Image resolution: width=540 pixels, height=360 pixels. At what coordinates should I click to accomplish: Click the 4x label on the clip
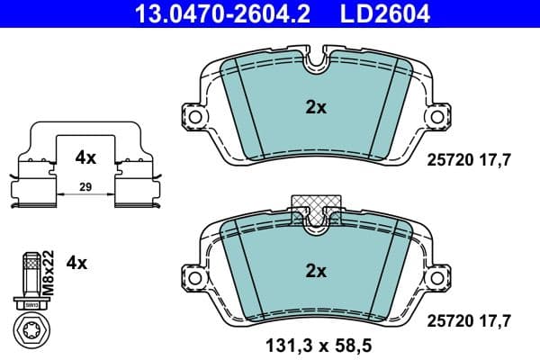click(85, 157)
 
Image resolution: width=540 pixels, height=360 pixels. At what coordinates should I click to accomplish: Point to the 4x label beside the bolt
click(77, 264)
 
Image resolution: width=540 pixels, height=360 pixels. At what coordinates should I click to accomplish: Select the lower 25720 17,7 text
click(469, 319)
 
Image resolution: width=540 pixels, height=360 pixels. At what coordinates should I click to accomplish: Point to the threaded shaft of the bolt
click(29, 271)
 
